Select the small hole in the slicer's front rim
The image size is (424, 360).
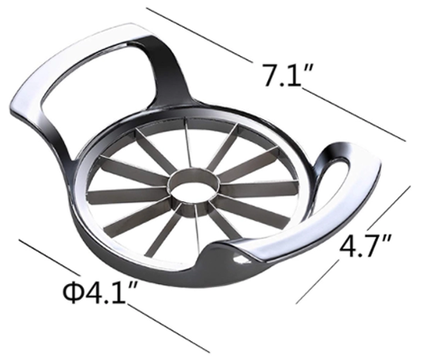239,259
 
